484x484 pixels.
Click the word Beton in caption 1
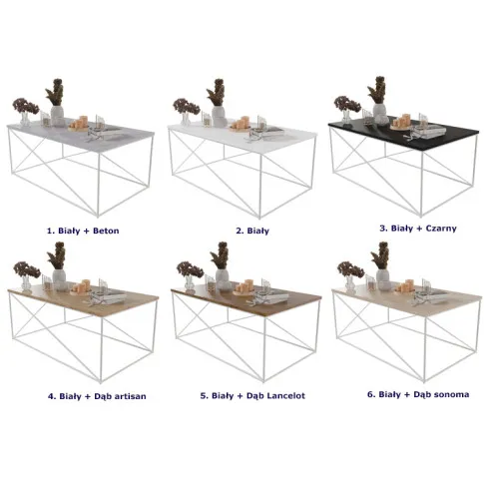pyautogui.click(x=106, y=231)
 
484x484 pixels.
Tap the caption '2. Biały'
pyautogui.click(x=252, y=231)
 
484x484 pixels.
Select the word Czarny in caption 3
pyautogui.click(x=441, y=229)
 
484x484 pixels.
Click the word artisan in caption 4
pyautogui.click(x=130, y=396)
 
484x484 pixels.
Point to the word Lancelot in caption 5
pyautogui.click(x=285, y=395)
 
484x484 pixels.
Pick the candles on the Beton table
pyautogui.click(x=79, y=123)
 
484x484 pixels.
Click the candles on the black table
pyautogui.click(x=401, y=123)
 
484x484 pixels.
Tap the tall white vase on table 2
pyautogui.click(x=219, y=117)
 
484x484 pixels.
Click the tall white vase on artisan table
pyautogui.click(x=59, y=279)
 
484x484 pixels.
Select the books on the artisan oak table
pyautogui.click(x=109, y=296)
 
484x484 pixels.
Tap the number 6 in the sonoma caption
pyautogui.click(x=370, y=394)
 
